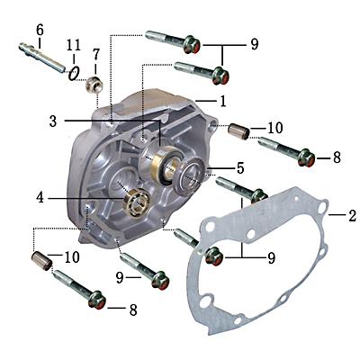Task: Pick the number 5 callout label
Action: click(239, 167)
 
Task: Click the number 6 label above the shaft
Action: click(39, 29)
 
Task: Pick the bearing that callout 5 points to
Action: click(193, 173)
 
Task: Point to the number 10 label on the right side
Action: click(275, 127)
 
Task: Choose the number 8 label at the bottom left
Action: click(133, 310)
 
